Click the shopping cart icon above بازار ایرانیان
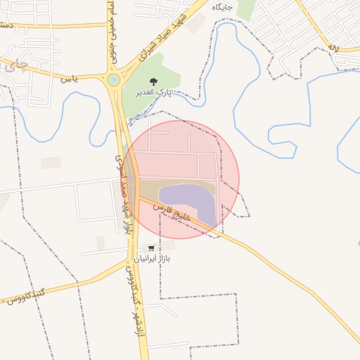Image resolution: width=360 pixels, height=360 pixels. (x=151, y=247)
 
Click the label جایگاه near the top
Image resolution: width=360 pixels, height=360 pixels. (x=223, y=6)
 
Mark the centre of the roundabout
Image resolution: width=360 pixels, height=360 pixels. (x=113, y=80)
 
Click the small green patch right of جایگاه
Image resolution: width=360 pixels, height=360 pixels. (x=245, y=8)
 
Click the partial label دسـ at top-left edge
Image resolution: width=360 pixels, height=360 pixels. (x=7, y=25)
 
